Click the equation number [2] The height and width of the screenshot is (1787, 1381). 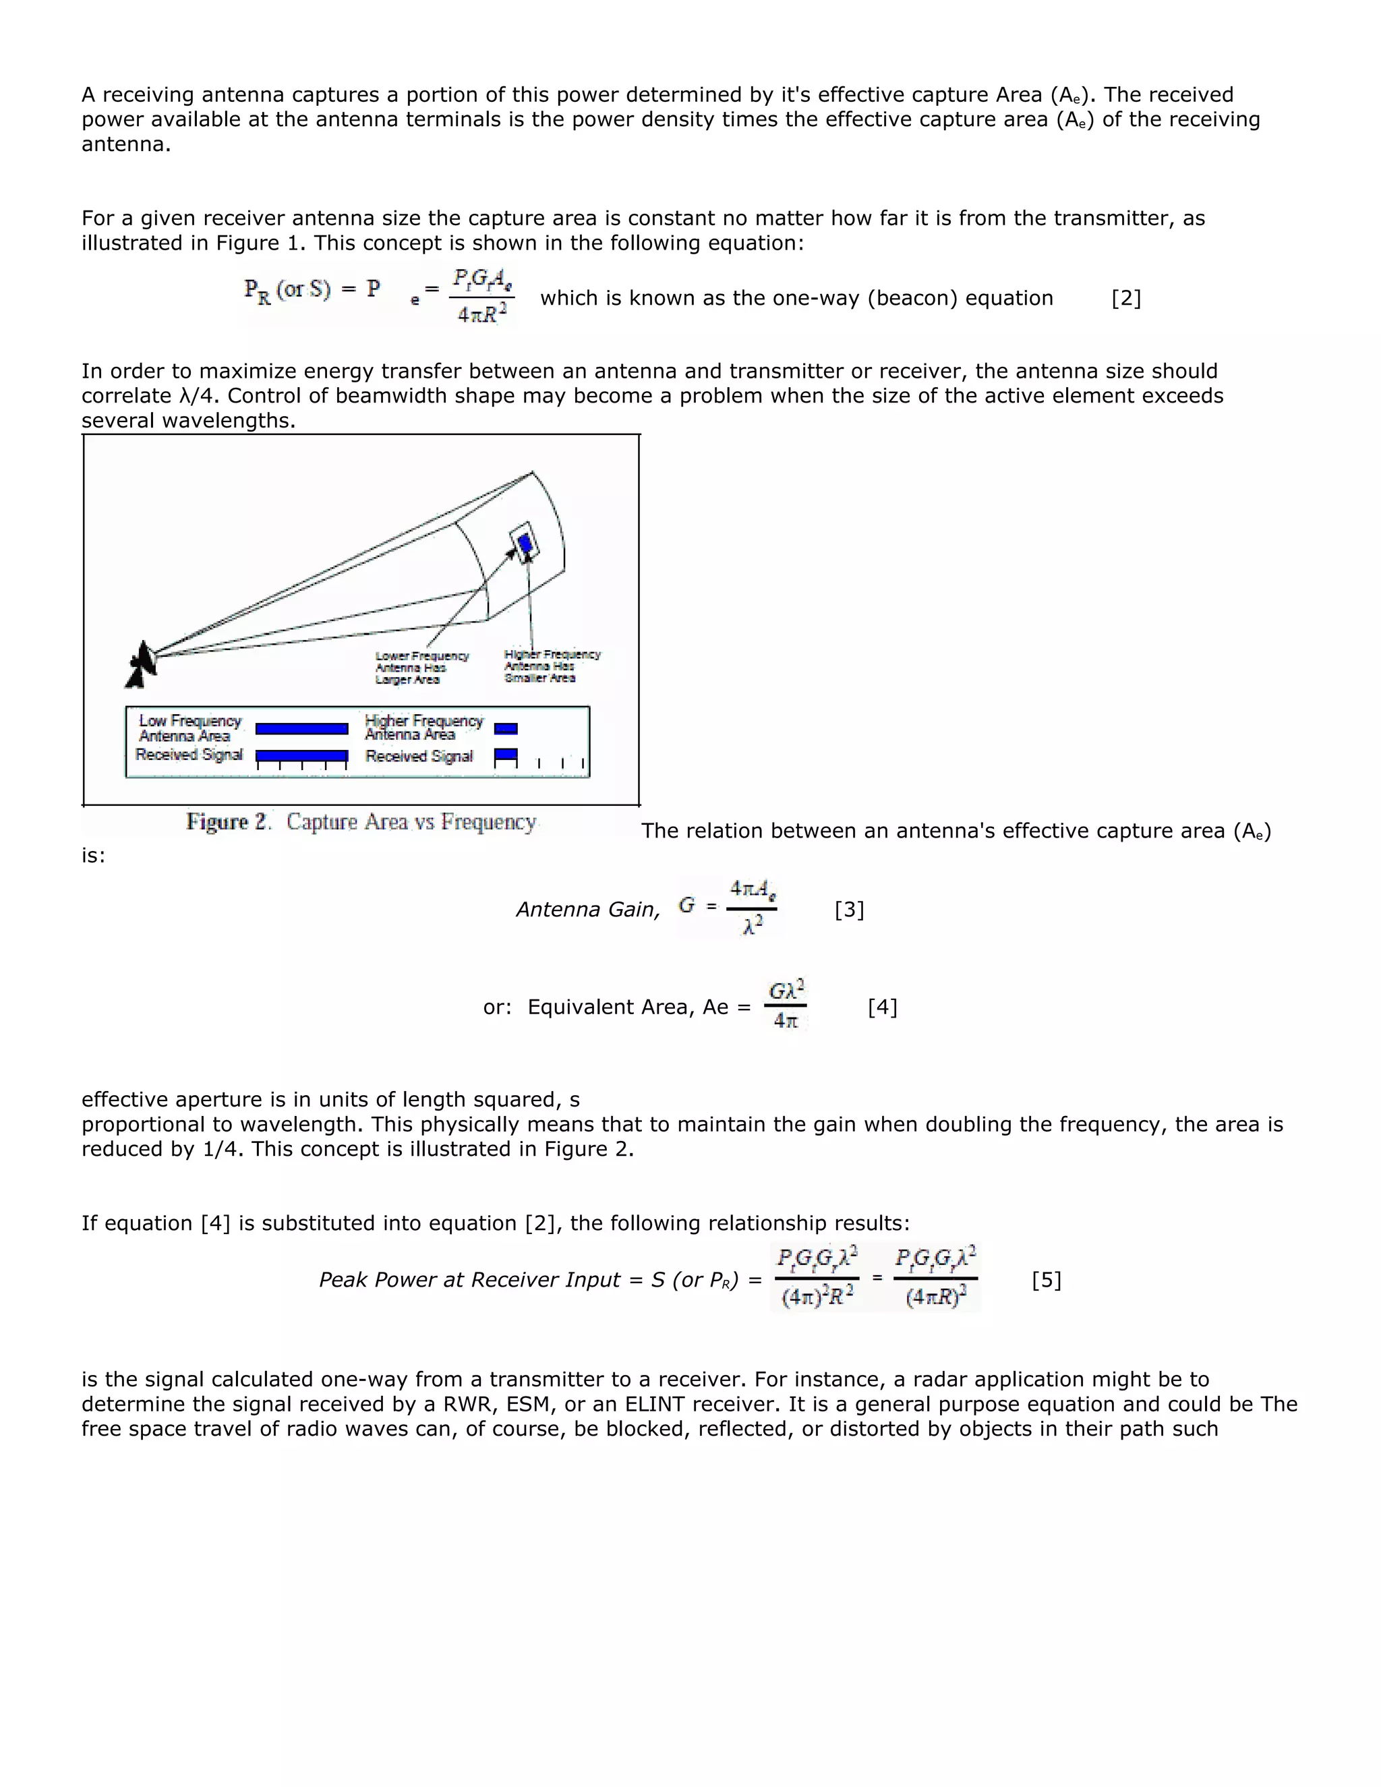tap(1125, 298)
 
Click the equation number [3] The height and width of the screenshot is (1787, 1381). tap(849, 909)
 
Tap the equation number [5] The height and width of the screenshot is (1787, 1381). tap(1047, 1280)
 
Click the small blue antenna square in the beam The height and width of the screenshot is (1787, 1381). tap(525, 544)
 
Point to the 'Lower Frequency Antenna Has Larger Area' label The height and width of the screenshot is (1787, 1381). tap(421, 668)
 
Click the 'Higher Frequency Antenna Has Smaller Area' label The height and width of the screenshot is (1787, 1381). tap(552, 666)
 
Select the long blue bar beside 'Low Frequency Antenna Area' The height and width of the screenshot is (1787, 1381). tap(302, 728)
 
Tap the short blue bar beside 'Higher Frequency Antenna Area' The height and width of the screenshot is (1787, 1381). tap(506, 728)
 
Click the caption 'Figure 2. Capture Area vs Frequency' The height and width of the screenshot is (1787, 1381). tap(361, 821)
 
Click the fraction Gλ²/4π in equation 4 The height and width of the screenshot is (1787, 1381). tap(786, 1005)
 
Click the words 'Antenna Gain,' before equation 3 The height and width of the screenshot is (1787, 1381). tap(587, 909)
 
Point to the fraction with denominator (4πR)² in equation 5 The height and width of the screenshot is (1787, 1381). tap(935, 1278)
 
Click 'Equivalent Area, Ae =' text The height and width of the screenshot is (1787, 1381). tap(639, 1007)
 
